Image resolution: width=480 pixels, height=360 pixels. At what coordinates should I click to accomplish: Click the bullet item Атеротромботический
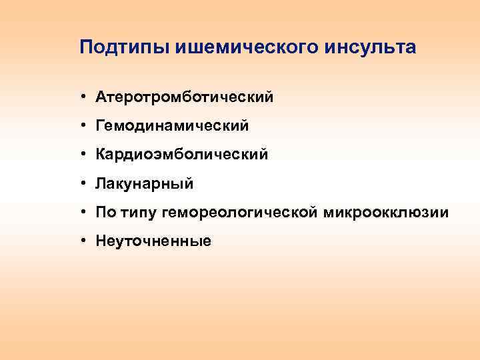tap(185, 97)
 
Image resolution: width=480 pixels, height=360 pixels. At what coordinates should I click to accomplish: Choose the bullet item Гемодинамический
tap(172, 126)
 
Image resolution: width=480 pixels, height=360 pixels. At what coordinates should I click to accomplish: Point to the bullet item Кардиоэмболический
tap(182, 155)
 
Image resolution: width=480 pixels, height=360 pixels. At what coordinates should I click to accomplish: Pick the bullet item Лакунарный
tap(145, 183)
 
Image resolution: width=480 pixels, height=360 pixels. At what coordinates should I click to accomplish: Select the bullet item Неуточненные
tap(153, 241)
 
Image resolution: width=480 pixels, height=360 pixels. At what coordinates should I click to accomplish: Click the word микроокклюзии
tap(386, 213)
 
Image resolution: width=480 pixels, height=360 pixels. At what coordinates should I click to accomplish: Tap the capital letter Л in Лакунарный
tap(101, 182)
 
